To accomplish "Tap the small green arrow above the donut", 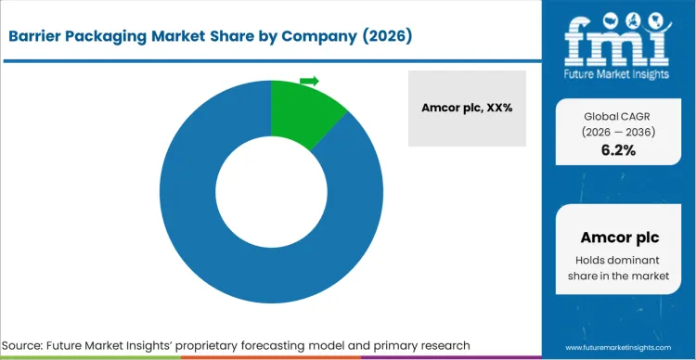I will click(309, 81).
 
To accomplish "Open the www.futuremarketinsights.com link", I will click(617, 347).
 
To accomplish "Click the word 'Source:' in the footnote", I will click(29, 345).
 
